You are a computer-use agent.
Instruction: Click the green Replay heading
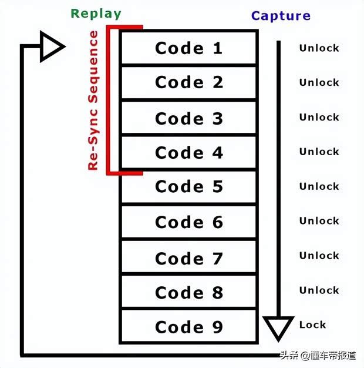point(96,14)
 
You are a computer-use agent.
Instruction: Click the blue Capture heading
point(281,16)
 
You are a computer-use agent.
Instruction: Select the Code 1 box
point(188,48)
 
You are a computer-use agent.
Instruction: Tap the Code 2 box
point(188,83)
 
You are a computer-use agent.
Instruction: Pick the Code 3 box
point(188,118)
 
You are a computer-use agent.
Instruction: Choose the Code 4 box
point(188,153)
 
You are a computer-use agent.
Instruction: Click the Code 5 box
point(188,187)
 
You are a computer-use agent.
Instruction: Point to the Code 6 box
point(188,222)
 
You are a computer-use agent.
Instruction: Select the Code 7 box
point(188,257)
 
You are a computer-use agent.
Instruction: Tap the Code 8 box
point(188,292)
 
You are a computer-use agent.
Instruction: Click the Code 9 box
point(188,327)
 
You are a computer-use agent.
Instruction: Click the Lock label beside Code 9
point(312,324)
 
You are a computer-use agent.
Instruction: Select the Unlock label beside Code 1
point(319,48)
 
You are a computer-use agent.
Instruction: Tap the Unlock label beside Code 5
point(319,186)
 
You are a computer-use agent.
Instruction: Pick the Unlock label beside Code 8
point(319,290)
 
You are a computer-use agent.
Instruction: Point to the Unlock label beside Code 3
point(319,118)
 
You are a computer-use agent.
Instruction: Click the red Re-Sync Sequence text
point(93,101)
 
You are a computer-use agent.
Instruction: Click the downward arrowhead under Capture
point(278,326)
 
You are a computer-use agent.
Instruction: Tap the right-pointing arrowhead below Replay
point(51,46)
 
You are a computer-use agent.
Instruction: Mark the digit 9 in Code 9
point(217,327)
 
